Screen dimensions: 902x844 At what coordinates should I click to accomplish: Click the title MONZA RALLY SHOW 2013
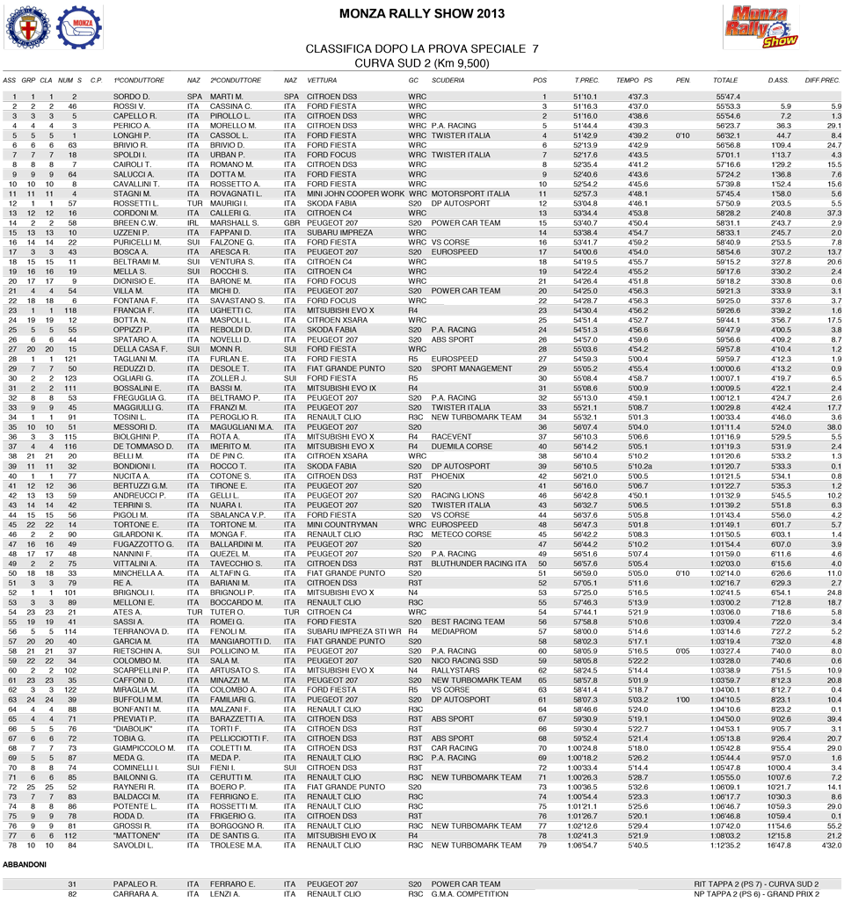click(x=422, y=14)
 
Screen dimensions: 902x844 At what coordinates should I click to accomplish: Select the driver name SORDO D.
click(x=132, y=97)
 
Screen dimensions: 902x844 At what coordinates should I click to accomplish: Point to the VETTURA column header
click(x=323, y=80)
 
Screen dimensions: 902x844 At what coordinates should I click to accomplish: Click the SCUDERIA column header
click(x=448, y=80)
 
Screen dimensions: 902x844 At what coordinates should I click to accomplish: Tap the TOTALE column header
click(x=725, y=80)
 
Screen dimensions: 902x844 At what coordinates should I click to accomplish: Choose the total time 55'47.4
click(x=728, y=97)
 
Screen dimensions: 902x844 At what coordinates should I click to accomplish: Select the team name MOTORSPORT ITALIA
click(x=470, y=193)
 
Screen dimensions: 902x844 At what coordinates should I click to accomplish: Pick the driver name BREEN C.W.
click(x=135, y=222)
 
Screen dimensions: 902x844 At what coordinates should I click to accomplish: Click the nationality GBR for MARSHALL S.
click(x=291, y=222)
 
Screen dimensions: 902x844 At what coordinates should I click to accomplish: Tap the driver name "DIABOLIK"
click(x=134, y=729)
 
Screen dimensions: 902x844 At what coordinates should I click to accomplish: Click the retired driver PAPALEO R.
click(x=135, y=884)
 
